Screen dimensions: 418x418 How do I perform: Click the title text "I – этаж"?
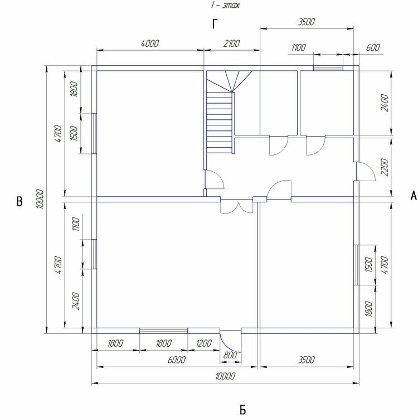pos(225,6)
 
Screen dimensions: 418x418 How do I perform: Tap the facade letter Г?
pos(215,24)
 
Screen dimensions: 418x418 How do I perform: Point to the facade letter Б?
pos(242,410)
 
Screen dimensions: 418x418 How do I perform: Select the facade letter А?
pos(414,196)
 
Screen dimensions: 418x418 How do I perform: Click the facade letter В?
pos(19,201)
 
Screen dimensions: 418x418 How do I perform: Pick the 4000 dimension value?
pos(150,43)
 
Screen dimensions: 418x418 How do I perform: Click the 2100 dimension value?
pos(231,43)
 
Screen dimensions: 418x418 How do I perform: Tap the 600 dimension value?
pos(373,48)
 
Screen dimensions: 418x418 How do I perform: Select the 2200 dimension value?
pos(385,167)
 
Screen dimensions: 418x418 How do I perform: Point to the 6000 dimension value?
pos(177,360)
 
